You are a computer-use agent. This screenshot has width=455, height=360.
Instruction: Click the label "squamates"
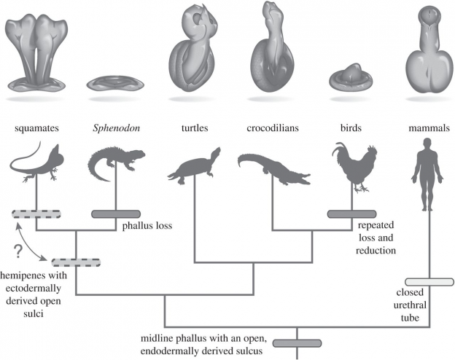[x=37, y=128]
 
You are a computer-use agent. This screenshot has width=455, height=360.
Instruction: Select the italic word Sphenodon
[x=117, y=128]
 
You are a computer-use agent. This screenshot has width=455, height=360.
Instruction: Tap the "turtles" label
[x=195, y=128]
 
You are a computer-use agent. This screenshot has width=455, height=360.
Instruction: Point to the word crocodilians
[x=273, y=128]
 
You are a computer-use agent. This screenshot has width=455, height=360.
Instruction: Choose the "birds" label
[x=351, y=128]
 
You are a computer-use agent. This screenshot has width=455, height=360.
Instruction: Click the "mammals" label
[x=429, y=128]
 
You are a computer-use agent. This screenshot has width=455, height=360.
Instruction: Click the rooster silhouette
[x=354, y=166]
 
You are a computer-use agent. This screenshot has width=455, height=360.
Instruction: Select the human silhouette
[x=427, y=174]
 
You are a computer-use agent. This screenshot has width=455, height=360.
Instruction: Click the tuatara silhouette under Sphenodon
[x=116, y=163]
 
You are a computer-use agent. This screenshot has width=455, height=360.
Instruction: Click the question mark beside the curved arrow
[x=18, y=251]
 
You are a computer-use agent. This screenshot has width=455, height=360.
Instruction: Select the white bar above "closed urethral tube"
[x=429, y=282]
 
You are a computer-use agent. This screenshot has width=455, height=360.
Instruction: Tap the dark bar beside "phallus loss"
[x=116, y=214]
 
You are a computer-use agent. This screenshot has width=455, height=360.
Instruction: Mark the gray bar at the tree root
[x=297, y=343]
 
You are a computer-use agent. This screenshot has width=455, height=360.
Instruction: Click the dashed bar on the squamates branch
[x=36, y=214]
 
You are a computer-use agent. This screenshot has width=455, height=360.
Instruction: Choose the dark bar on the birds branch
[x=351, y=214]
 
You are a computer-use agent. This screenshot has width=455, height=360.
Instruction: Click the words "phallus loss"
[x=147, y=226]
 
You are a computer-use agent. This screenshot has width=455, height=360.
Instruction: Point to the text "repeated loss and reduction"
[x=376, y=238]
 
